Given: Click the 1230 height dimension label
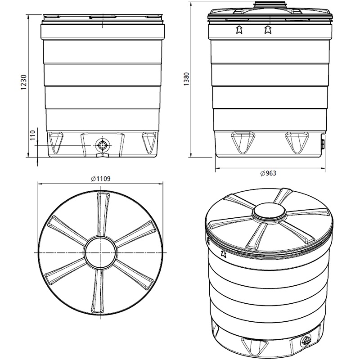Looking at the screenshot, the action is [24, 82].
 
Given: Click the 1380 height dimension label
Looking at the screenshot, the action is [186, 79].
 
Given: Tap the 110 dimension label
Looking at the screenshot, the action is [33, 135].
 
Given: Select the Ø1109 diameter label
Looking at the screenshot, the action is [100, 179].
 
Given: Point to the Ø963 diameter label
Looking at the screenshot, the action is [268, 173].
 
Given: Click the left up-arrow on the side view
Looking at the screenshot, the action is [239, 30].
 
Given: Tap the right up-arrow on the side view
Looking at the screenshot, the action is [268, 30].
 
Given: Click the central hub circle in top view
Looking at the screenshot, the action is [100, 252].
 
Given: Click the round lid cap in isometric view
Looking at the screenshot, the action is [269, 211].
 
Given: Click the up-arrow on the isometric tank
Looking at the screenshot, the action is [223, 254].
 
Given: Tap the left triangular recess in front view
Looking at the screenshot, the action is [56, 142].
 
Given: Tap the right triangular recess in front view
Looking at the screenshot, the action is [148, 142].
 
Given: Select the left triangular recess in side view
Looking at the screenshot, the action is [243, 142].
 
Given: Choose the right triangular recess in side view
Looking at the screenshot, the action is [297, 142].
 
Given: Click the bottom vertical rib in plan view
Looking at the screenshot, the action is [98, 291].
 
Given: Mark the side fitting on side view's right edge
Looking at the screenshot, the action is [323, 142].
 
